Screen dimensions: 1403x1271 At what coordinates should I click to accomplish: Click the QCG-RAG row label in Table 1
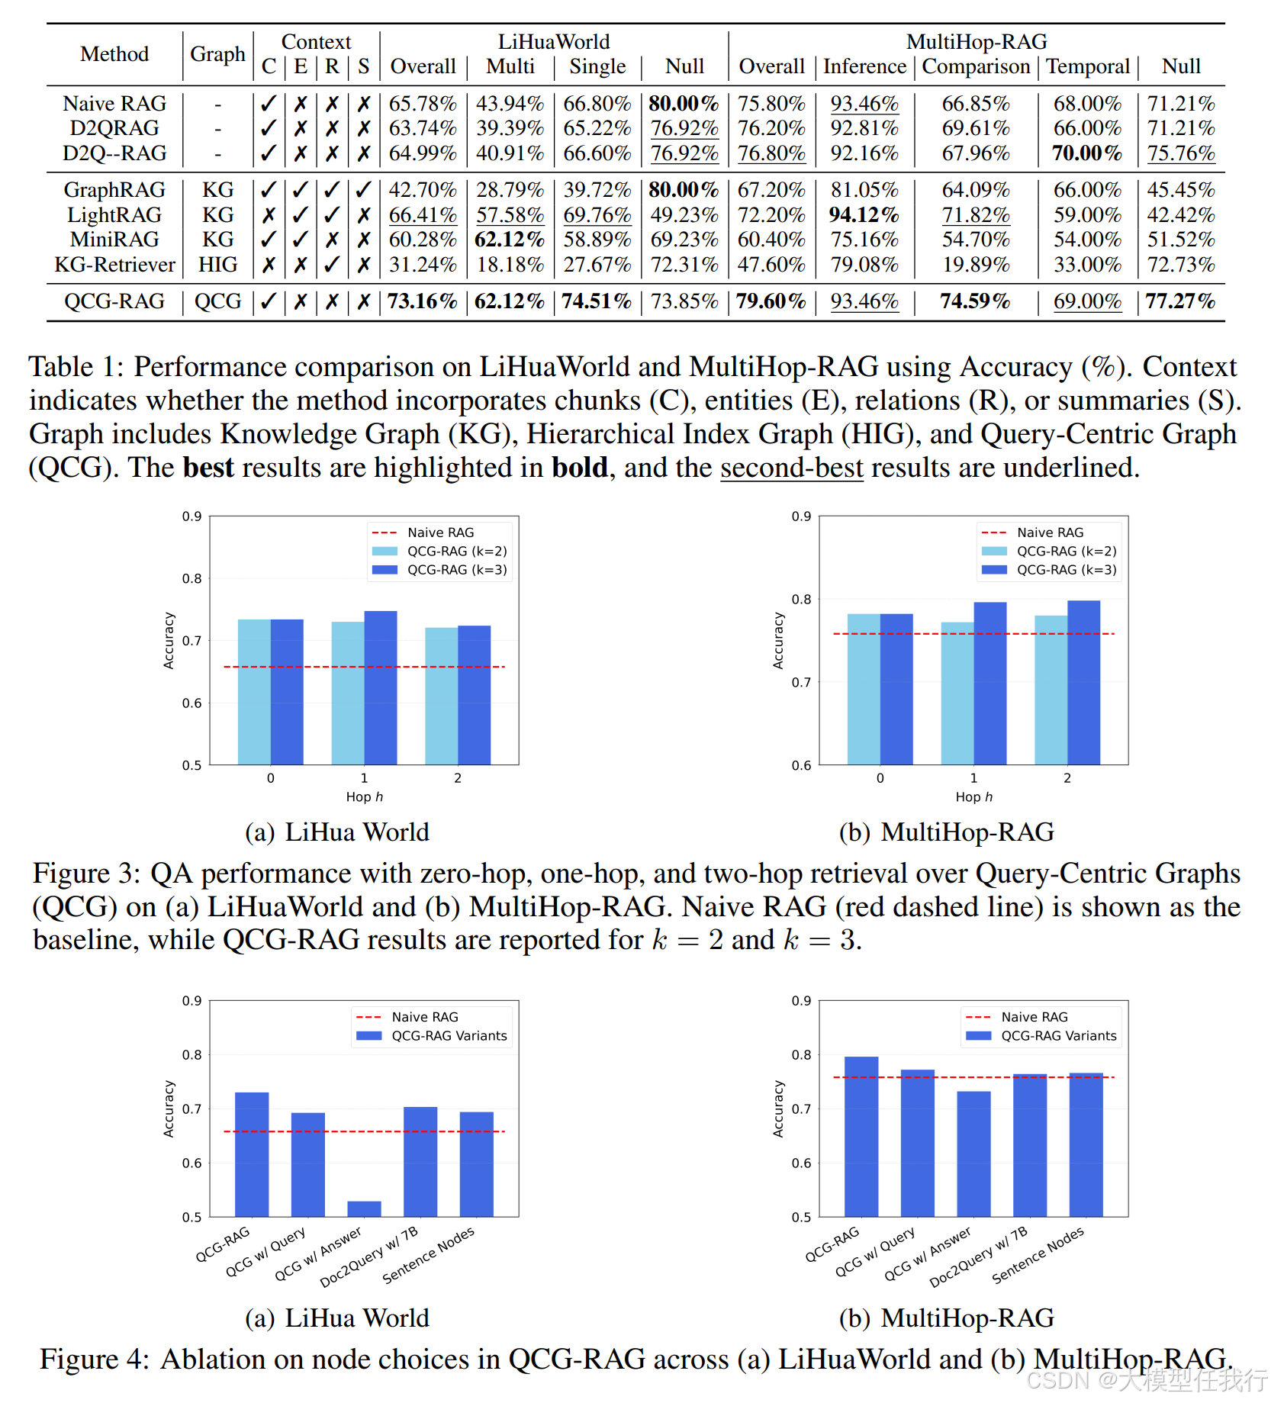click(x=114, y=301)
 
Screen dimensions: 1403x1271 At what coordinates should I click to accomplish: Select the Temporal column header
click(x=1087, y=66)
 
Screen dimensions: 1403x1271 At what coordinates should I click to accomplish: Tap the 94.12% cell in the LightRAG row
click(x=864, y=215)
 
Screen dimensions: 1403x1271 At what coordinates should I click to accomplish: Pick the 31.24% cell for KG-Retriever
click(x=422, y=265)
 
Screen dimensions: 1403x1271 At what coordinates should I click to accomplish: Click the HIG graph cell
click(x=217, y=265)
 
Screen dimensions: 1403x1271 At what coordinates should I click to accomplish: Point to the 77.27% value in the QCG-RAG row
click(x=1179, y=301)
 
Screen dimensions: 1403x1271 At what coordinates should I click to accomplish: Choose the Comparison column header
click(x=976, y=66)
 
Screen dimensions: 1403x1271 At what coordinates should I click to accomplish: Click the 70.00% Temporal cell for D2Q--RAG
click(x=1086, y=153)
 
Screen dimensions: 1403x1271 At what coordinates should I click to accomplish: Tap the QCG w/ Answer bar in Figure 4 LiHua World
click(x=364, y=1208)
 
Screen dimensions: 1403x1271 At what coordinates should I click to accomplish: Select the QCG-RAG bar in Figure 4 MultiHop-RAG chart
click(x=861, y=1136)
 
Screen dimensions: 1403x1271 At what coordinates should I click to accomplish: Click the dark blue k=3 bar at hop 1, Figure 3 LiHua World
click(x=381, y=687)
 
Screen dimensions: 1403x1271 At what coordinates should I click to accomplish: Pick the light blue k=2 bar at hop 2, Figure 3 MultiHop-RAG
click(x=1051, y=690)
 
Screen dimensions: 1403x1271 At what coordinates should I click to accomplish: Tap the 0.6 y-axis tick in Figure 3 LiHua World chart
click(x=191, y=703)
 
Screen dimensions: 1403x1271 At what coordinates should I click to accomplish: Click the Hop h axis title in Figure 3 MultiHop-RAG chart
click(x=973, y=796)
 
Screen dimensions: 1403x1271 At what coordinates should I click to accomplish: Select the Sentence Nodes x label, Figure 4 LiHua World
click(x=428, y=1255)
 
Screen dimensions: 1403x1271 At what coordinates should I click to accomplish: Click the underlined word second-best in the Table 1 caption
click(x=791, y=468)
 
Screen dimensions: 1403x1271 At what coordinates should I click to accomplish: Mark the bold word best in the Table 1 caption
click(x=208, y=468)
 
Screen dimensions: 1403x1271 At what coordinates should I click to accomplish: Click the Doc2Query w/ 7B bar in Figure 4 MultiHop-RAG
click(x=1030, y=1144)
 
